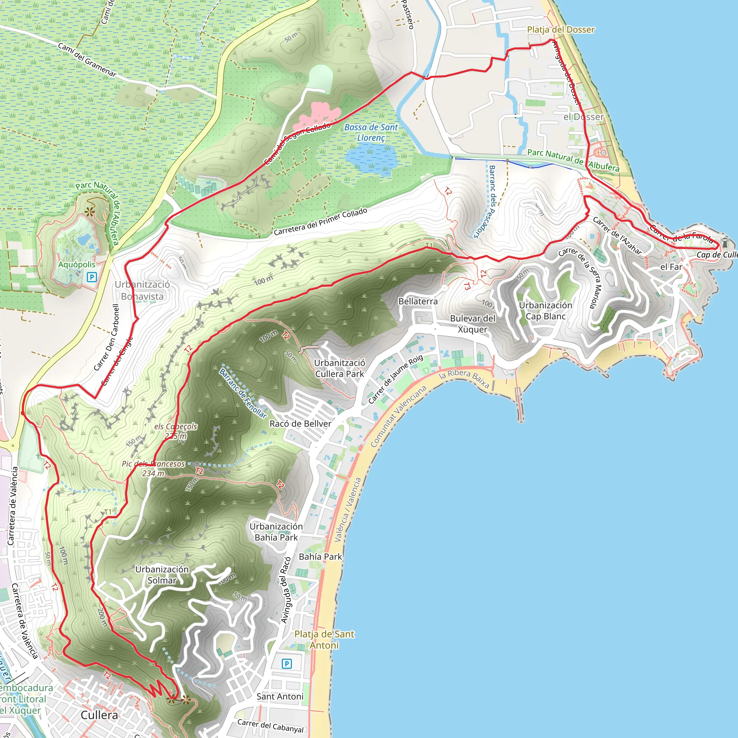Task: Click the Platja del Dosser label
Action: (560, 30)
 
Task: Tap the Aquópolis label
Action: (77, 264)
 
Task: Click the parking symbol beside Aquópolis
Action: (92, 277)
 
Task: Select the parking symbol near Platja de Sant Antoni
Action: (286, 664)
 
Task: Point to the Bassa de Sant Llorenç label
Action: (371, 132)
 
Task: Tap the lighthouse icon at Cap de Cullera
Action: (725, 242)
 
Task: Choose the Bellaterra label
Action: (418, 301)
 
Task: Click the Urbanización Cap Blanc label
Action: (545, 311)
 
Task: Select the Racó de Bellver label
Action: (300, 424)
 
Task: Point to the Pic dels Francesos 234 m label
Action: (153, 468)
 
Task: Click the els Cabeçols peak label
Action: (176, 431)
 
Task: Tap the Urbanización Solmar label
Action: (162, 574)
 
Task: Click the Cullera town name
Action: (99, 715)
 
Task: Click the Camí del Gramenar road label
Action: (87, 60)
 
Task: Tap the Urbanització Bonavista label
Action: (142, 290)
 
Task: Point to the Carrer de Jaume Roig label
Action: (395, 379)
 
